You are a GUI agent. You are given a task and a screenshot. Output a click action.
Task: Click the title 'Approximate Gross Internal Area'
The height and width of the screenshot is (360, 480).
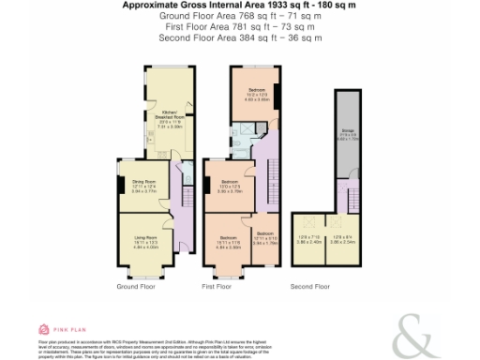[239, 6]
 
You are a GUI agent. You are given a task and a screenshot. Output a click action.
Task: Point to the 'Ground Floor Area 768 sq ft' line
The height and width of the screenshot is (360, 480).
[239, 17]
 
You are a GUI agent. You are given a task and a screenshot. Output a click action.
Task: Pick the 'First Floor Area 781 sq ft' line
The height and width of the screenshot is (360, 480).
[239, 27]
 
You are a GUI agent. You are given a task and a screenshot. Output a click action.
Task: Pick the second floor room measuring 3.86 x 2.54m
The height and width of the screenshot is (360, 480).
[344, 239]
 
